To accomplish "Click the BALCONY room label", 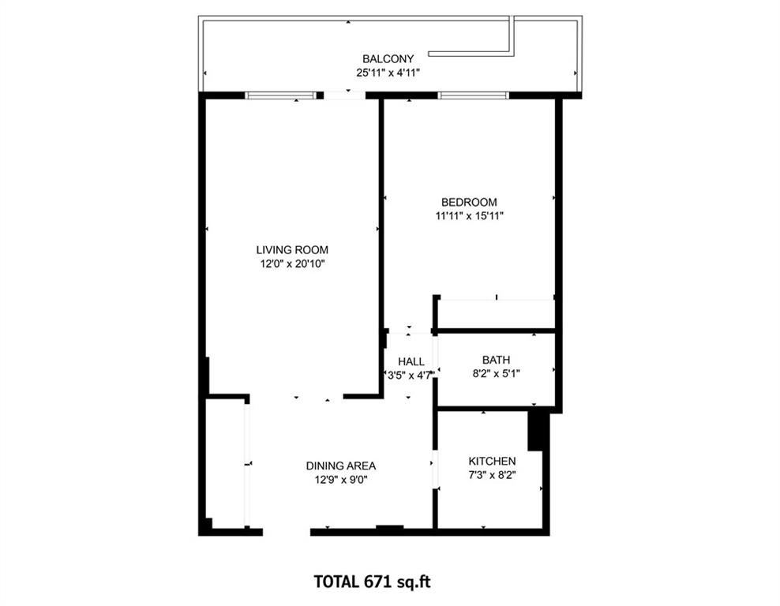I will (x=388, y=59).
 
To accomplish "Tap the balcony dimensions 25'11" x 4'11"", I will (x=388, y=73).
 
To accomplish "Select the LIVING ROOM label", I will (x=291, y=250).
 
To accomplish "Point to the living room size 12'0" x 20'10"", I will (x=291, y=264).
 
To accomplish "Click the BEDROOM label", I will (x=469, y=202).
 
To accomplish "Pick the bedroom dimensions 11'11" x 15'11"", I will (x=469, y=215).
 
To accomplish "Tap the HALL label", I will (x=411, y=361).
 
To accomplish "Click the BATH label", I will (x=496, y=360).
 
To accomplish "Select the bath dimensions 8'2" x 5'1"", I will (x=496, y=374).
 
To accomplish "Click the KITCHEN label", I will (x=492, y=461).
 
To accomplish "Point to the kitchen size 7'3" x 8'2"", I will (x=492, y=475).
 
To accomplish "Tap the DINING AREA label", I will (x=341, y=466).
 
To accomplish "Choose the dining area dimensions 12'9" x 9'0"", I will (x=341, y=479).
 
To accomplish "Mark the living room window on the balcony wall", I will (x=280, y=95).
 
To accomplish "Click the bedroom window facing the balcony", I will (x=474, y=95).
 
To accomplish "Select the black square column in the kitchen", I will (x=538, y=430).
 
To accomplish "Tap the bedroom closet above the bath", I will (x=496, y=314).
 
